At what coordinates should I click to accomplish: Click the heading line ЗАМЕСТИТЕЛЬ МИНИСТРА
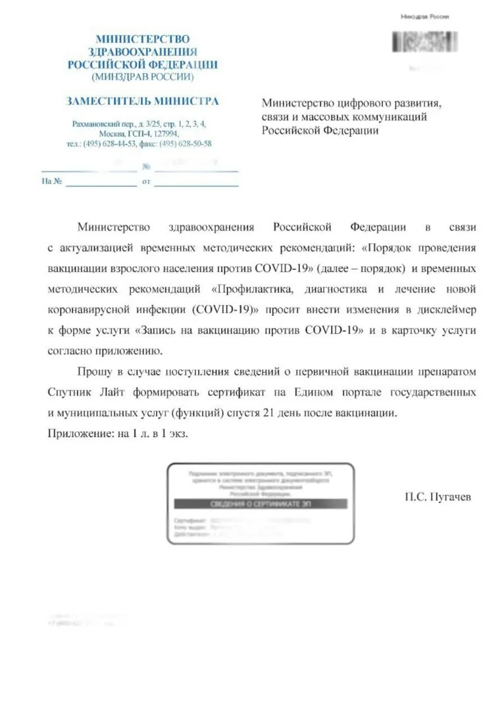(x=142, y=101)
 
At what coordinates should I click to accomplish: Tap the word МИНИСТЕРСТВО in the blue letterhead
(x=142, y=40)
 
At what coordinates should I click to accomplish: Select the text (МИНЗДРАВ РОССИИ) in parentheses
(x=142, y=77)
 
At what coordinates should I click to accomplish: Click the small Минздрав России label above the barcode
(x=424, y=16)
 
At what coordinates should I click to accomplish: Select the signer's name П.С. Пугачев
(x=438, y=498)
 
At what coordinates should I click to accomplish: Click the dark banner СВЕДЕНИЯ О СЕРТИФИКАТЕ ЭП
(x=260, y=504)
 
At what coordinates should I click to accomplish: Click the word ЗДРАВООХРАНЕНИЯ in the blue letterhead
(x=142, y=52)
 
